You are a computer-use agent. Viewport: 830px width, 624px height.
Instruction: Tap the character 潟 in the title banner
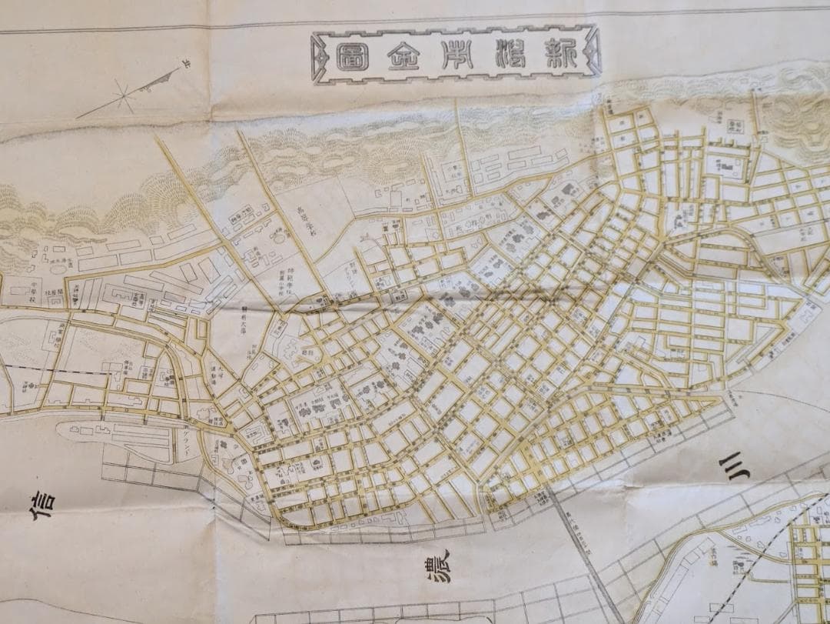(x=510, y=52)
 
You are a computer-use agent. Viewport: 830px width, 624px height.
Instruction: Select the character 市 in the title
(x=456, y=53)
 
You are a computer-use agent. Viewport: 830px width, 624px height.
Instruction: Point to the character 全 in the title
(x=403, y=55)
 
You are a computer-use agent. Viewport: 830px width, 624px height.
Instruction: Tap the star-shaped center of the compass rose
(x=123, y=97)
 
